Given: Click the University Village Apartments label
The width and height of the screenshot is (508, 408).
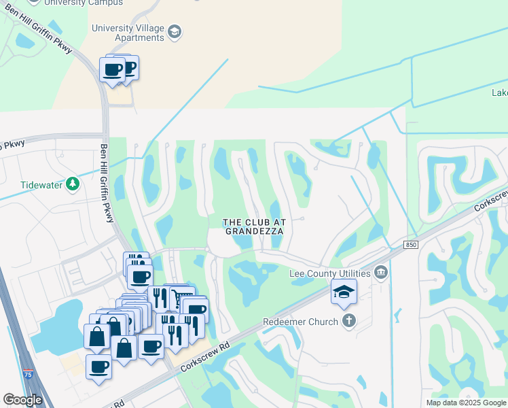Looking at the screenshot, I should [128, 33].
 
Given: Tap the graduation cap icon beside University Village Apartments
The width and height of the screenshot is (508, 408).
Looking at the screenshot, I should [175, 32].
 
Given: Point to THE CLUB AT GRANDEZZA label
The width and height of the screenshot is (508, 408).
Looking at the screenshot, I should [254, 226].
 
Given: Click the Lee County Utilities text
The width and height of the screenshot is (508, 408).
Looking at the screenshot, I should [330, 273].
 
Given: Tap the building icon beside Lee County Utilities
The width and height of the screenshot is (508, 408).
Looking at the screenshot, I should [380, 273].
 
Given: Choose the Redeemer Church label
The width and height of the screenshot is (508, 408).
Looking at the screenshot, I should [301, 321].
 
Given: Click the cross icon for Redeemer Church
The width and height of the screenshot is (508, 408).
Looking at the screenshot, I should [348, 321].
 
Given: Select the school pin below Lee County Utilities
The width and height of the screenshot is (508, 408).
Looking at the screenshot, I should [344, 292].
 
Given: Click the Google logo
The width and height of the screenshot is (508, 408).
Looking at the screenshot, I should [22, 400].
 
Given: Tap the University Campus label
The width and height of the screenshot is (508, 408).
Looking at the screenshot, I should [95, 3].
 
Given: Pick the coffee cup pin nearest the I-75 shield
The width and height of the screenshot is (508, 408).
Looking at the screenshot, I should [99, 368].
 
